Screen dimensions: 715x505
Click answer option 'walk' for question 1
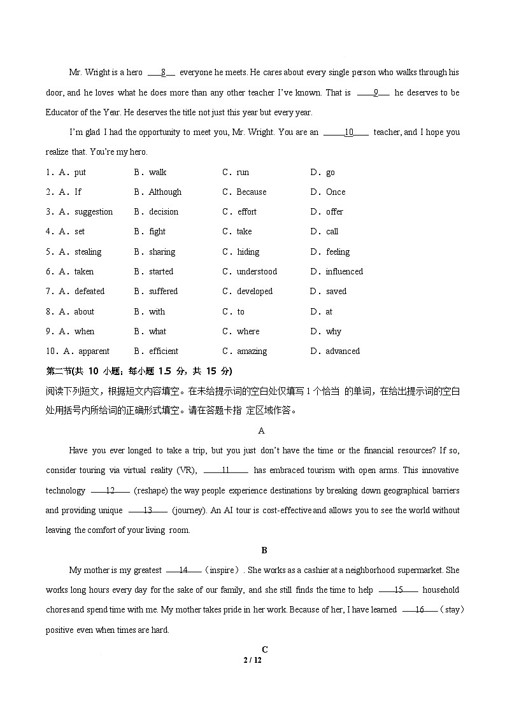[x=157, y=172]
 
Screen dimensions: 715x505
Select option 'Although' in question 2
[x=165, y=192]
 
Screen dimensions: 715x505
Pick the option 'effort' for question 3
[x=247, y=211]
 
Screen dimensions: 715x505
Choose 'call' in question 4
[x=332, y=231]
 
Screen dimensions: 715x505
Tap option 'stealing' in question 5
[x=88, y=251]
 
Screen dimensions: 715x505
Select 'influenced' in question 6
[x=344, y=271]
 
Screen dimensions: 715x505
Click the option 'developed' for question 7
[x=255, y=291]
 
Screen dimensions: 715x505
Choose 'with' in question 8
[x=157, y=311]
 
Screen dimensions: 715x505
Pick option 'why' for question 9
[x=334, y=331]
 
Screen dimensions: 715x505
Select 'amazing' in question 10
[x=252, y=351]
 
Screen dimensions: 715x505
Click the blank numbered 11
[x=225, y=471]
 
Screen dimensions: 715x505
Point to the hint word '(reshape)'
[x=150, y=490]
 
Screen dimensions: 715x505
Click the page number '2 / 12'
[x=253, y=660]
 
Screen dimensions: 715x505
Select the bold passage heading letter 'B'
[x=264, y=550]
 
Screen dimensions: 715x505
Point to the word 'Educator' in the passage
[x=63, y=113]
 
